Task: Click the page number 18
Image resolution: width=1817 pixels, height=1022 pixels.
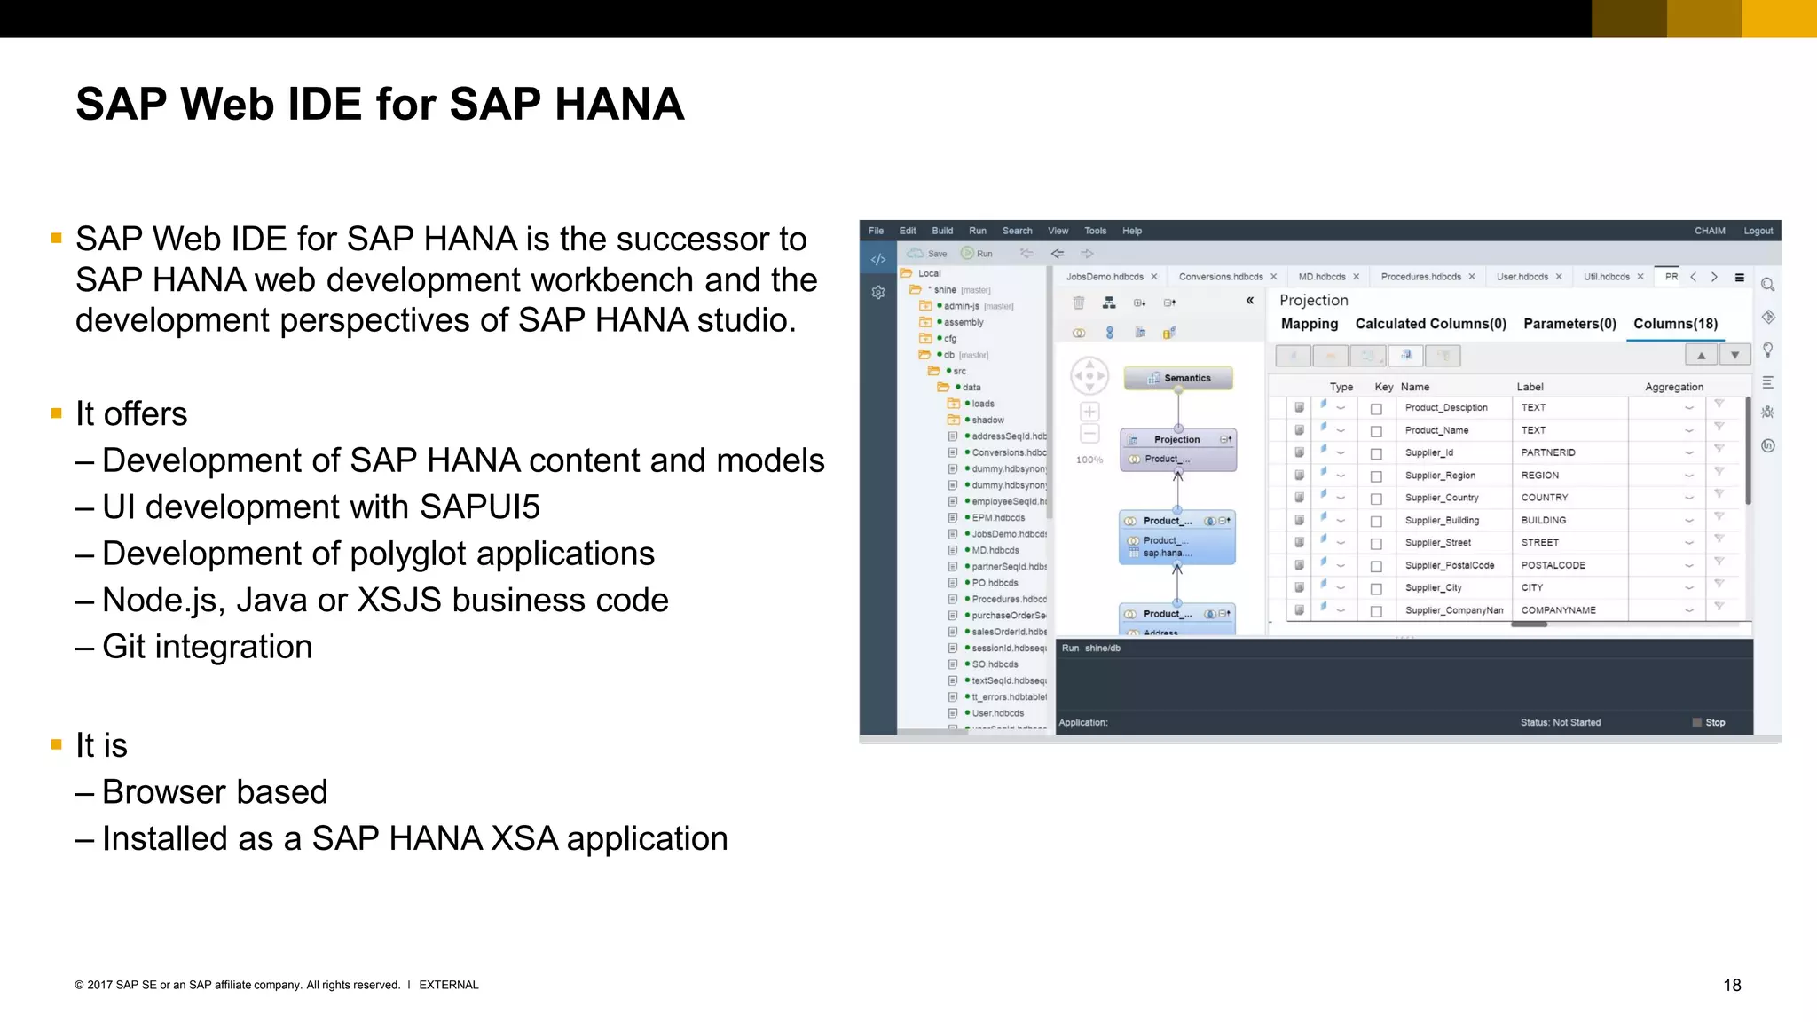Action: coord(1732,985)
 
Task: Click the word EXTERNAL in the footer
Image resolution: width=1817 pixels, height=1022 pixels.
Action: coord(448,985)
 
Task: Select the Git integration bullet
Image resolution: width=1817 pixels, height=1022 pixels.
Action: coord(207,647)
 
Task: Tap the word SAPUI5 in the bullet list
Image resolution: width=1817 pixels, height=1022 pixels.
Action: coord(479,507)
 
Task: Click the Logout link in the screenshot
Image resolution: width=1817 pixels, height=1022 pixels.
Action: coord(1758,231)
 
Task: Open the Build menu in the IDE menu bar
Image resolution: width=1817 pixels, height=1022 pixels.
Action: coord(942,231)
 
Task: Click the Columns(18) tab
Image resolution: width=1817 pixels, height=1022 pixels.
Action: coord(1675,324)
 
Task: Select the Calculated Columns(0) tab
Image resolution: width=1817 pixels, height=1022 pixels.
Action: coord(1430,324)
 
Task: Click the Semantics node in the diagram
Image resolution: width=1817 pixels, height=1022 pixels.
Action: coord(1178,378)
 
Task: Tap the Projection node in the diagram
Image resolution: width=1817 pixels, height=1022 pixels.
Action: coord(1176,439)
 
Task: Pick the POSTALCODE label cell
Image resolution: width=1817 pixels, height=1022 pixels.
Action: coord(1553,565)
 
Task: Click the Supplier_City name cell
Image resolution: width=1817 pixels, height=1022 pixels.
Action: coord(1433,587)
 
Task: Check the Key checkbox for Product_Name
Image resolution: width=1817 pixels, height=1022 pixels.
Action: coord(1376,431)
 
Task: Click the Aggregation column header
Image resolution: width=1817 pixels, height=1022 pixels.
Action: coord(1673,387)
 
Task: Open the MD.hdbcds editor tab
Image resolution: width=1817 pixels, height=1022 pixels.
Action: coord(1321,277)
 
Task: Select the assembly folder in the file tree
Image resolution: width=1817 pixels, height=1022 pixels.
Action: coord(964,322)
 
